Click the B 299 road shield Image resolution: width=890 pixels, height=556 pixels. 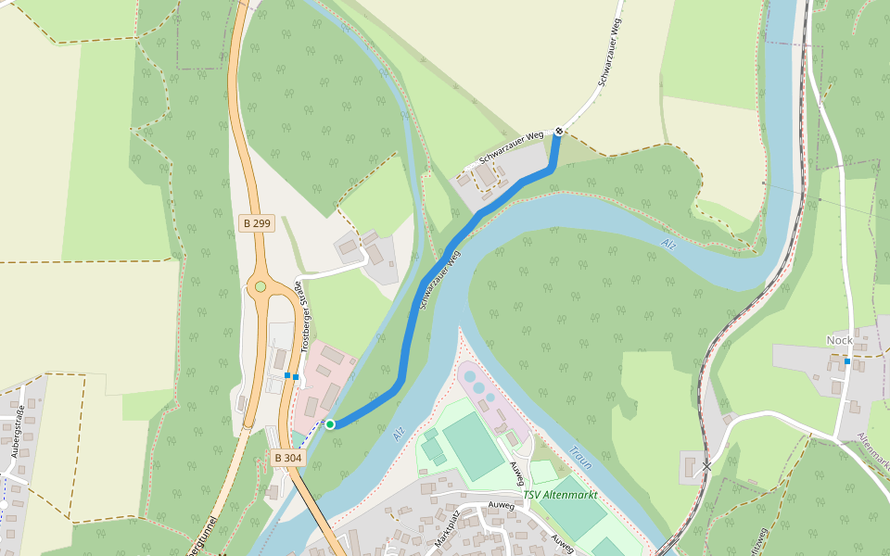[x=257, y=223]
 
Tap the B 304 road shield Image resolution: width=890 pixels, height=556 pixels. [x=288, y=458]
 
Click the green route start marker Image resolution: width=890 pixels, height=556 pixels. [x=330, y=424]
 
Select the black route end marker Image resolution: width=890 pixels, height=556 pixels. [x=559, y=132]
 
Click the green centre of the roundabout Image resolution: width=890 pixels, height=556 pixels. [x=261, y=286]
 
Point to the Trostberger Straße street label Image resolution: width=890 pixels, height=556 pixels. [x=301, y=316]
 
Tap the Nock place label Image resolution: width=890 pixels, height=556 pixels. [x=839, y=340]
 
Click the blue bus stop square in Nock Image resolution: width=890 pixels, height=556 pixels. [x=847, y=361]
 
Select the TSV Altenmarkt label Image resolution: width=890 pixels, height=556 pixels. [x=560, y=495]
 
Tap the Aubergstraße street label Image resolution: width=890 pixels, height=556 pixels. [x=16, y=432]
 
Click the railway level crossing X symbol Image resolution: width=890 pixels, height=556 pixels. [x=706, y=466]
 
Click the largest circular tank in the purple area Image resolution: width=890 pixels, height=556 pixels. [x=471, y=378]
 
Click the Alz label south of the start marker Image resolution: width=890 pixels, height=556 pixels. [x=400, y=433]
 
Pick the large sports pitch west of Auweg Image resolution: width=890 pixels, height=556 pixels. [x=473, y=447]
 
